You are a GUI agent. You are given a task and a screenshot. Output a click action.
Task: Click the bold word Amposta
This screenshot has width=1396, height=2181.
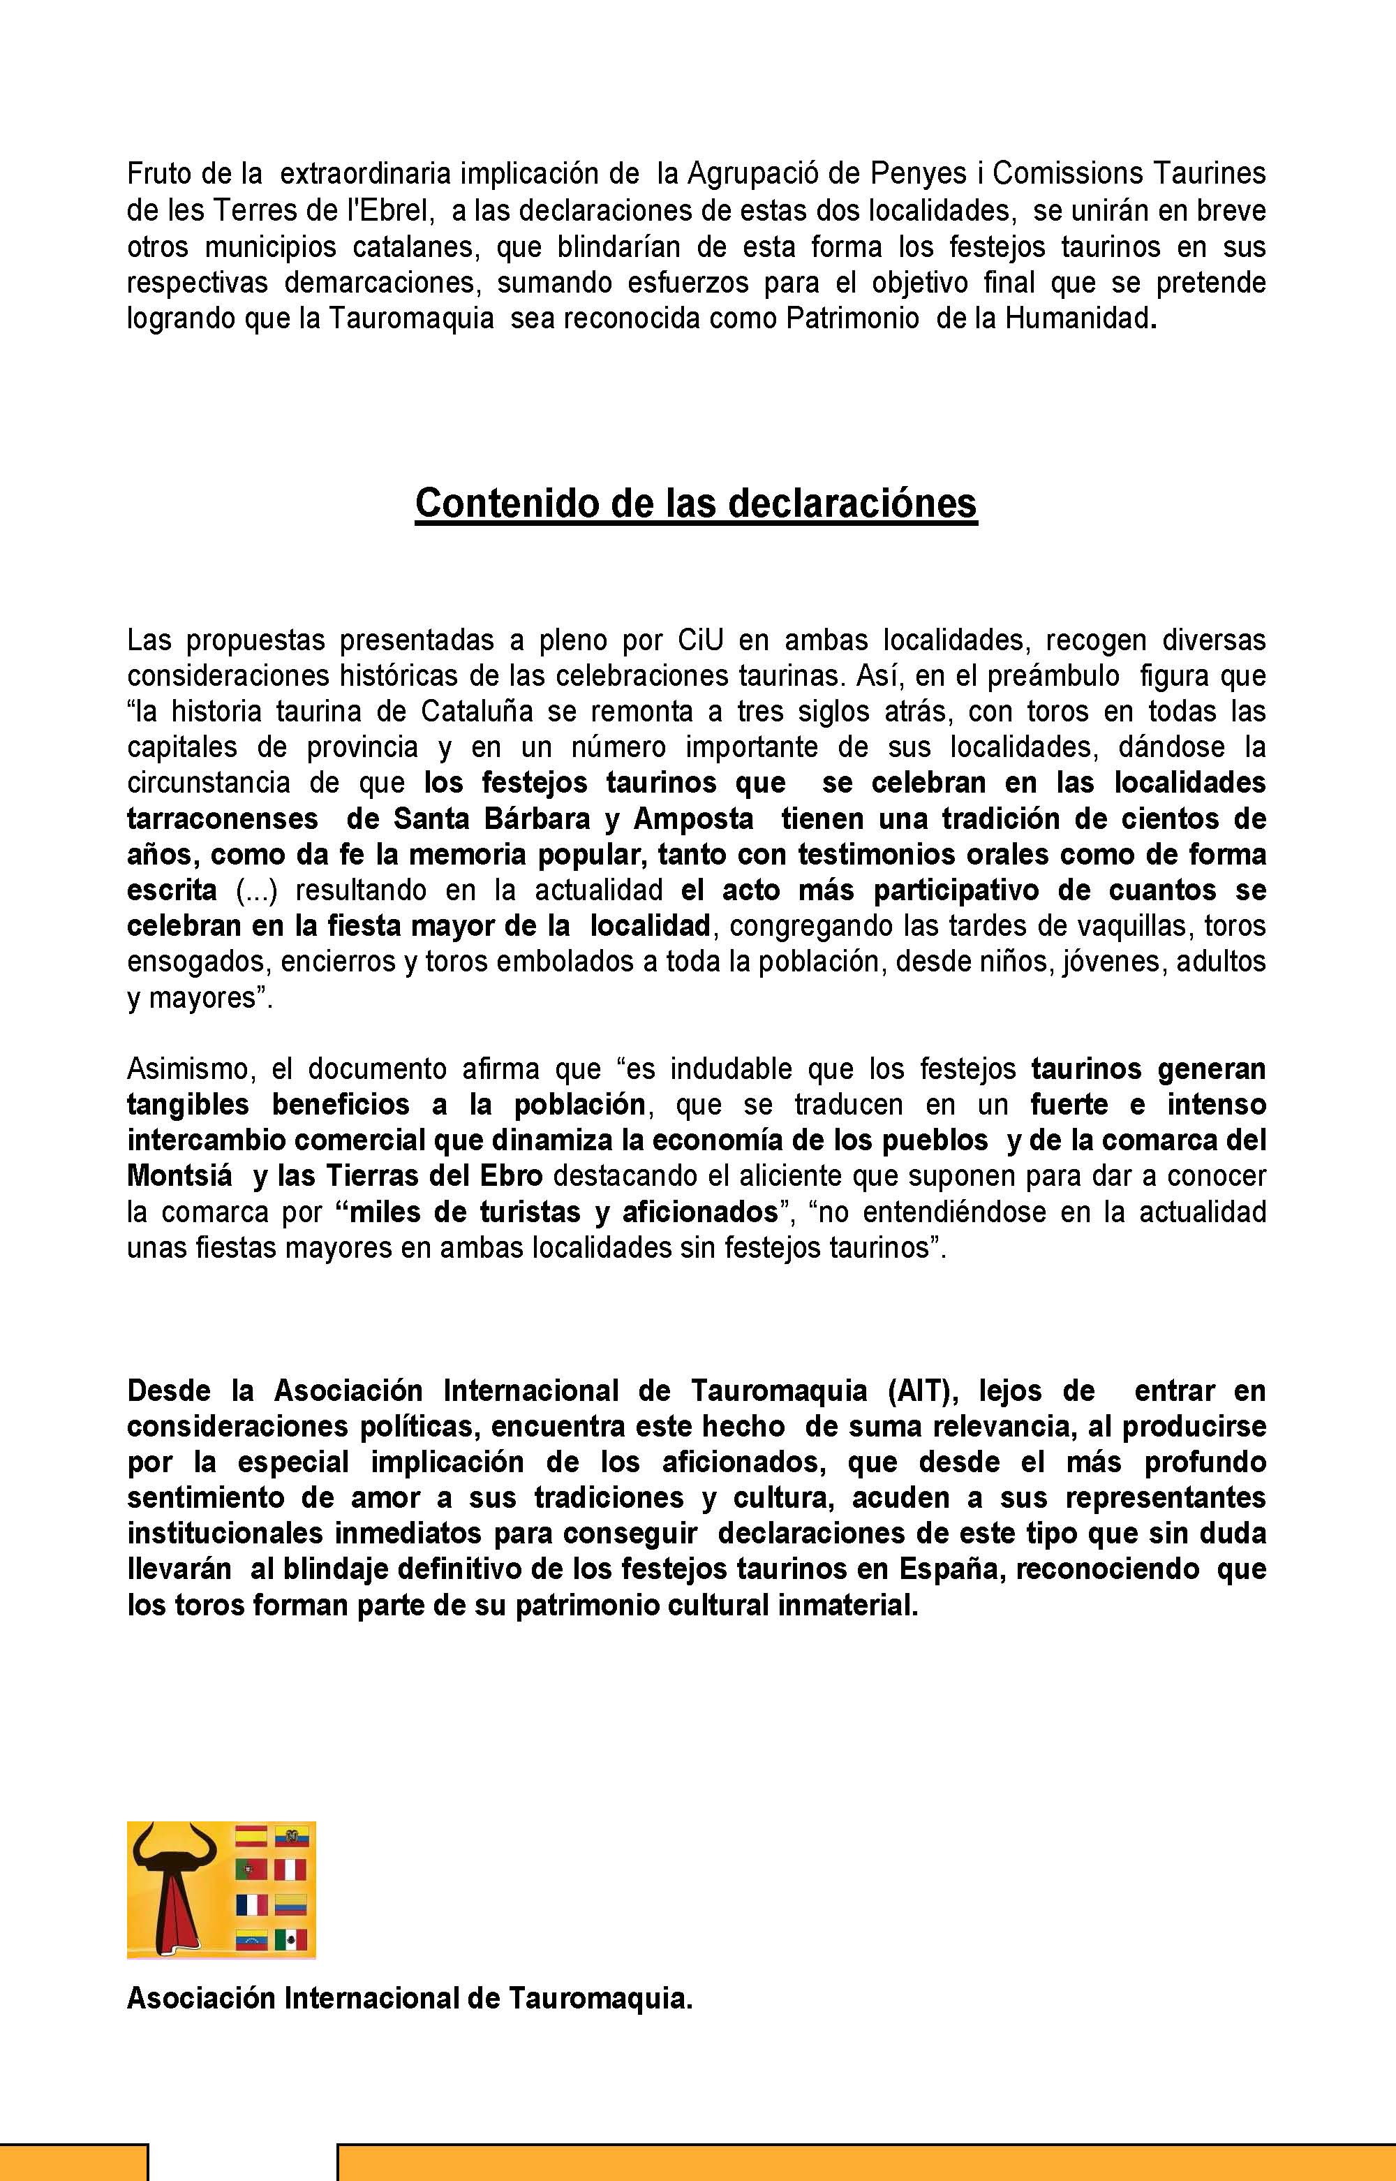pos(694,819)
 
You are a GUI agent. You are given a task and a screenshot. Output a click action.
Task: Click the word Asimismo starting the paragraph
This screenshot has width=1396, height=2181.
pos(185,1069)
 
